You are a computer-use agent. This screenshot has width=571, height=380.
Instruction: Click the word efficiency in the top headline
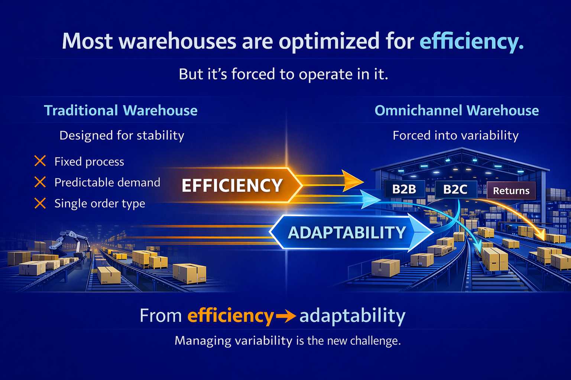pos(471,41)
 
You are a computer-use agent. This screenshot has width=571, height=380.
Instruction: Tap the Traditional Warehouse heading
pos(121,111)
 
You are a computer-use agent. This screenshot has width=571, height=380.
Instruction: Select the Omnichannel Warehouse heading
pos(457,111)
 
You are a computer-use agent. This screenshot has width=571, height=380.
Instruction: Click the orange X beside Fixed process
pos(40,161)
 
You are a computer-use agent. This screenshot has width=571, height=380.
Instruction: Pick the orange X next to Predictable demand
pos(40,182)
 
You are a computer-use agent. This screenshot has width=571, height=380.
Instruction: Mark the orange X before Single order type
pos(40,203)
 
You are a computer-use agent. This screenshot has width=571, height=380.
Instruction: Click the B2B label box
pos(404,189)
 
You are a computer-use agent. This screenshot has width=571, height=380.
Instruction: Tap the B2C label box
pos(455,189)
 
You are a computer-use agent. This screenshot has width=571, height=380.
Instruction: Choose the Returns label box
pos(511,191)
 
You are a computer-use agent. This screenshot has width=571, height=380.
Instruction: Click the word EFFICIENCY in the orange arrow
pos(232,185)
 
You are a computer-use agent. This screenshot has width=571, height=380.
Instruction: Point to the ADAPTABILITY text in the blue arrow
pos(347,233)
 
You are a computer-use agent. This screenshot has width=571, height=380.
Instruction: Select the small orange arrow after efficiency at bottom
pos(286,316)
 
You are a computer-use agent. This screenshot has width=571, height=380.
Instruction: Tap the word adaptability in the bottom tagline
pos(352,316)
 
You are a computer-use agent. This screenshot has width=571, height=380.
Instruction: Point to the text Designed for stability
pos(122,136)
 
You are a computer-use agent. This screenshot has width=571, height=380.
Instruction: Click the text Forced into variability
pos(455,136)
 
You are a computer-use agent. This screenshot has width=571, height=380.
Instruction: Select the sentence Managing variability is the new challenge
pos(288,341)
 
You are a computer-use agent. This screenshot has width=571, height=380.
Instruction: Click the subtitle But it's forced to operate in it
pos(283,74)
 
